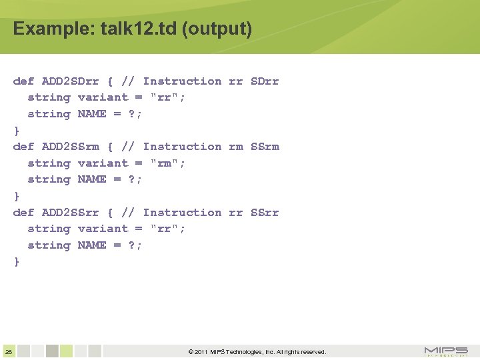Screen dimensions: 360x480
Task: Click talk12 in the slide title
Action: point(115,29)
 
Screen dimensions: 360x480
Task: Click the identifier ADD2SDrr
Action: point(70,81)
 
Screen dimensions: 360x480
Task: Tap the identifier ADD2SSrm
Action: point(70,147)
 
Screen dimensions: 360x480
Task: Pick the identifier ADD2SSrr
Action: point(70,213)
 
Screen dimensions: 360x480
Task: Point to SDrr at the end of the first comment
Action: point(265,81)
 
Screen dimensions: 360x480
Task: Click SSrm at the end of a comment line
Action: point(265,147)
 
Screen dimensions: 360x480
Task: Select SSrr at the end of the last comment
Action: point(265,213)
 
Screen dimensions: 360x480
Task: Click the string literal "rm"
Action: point(168,163)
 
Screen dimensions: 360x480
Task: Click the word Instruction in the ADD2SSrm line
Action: point(182,147)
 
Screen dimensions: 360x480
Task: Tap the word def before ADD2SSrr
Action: point(23,213)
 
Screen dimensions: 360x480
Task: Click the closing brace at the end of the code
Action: point(17,262)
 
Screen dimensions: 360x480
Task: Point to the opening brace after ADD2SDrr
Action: point(110,81)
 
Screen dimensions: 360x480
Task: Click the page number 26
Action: point(8,351)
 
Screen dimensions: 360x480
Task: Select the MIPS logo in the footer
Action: point(446,351)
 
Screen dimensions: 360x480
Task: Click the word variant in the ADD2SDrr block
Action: point(103,97)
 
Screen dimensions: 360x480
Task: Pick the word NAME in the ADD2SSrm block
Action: point(92,179)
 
